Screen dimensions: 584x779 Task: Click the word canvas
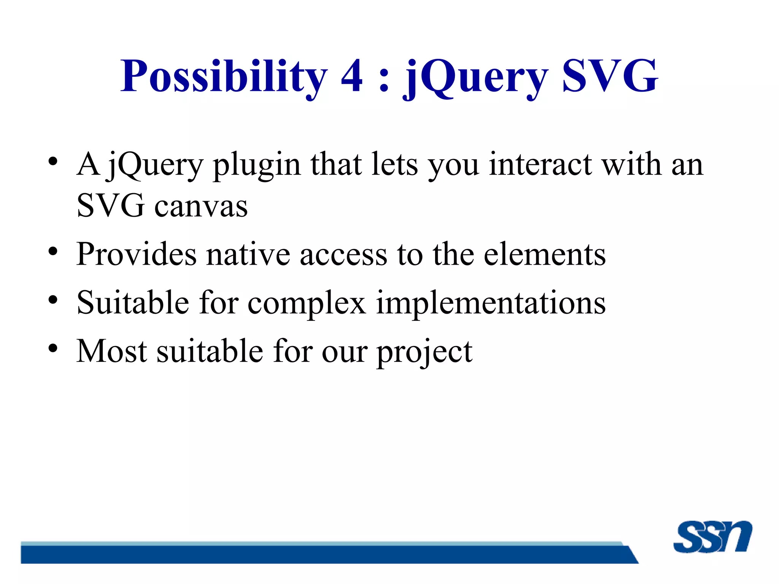(x=201, y=206)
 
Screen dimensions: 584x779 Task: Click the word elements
(x=545, y=254)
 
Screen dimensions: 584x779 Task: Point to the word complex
(x=307, y=303)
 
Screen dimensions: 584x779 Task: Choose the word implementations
(x=491, y=303)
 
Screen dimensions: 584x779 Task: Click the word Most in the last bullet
(x=111, y=351)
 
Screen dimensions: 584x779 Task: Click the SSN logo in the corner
(x=712, y=536)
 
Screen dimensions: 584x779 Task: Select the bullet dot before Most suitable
(x=53, y=348)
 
